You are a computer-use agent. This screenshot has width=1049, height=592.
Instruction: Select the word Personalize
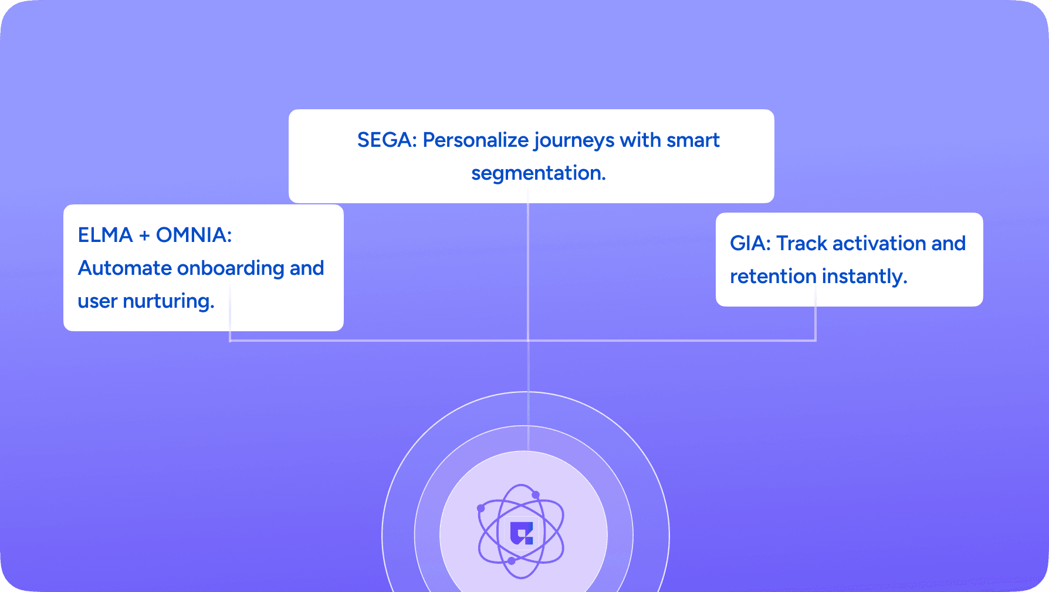pos(476,141)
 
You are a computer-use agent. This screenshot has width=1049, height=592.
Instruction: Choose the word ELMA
pos(106,235)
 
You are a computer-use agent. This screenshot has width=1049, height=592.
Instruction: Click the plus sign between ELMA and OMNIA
pos(144,236)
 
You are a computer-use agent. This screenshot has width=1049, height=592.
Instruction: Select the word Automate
pos(124,268)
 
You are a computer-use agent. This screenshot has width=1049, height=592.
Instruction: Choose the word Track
pos(802,243)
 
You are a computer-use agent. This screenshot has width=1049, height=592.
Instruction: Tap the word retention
pos(773,277)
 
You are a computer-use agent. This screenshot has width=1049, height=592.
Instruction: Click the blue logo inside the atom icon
pos(522,533)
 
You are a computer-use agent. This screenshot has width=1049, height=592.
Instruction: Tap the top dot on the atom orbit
pos(536,495)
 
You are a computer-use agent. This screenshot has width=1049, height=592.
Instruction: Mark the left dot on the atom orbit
pos(481,508)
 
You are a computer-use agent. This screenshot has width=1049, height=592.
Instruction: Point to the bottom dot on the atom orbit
pos(512,561)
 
